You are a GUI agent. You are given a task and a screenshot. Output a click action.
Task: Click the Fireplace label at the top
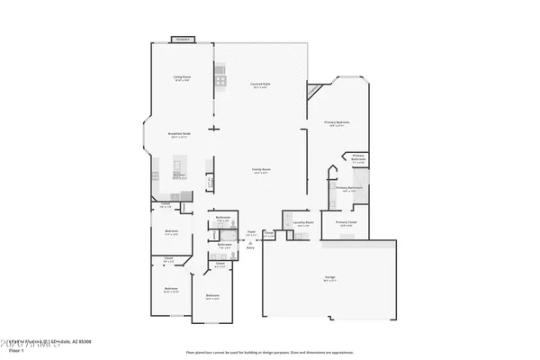click(183, 40)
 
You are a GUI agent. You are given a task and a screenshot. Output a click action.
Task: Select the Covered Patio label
click(262, 84)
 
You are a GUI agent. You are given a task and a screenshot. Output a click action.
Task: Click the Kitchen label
click(179, 175)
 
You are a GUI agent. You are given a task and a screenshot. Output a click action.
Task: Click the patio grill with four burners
click(220, 82)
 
